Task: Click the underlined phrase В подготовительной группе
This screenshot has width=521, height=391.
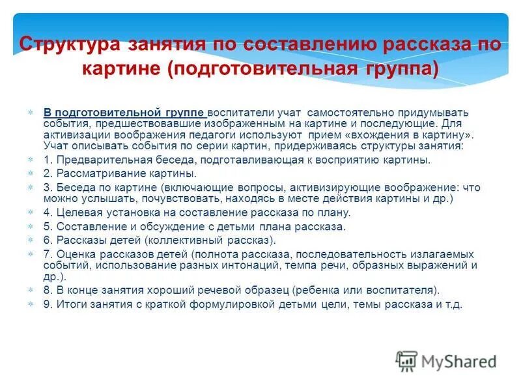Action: (124, 112)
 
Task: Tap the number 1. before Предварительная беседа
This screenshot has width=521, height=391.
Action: (48, 160)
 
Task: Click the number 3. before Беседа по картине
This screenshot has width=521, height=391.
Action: (48, 188)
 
